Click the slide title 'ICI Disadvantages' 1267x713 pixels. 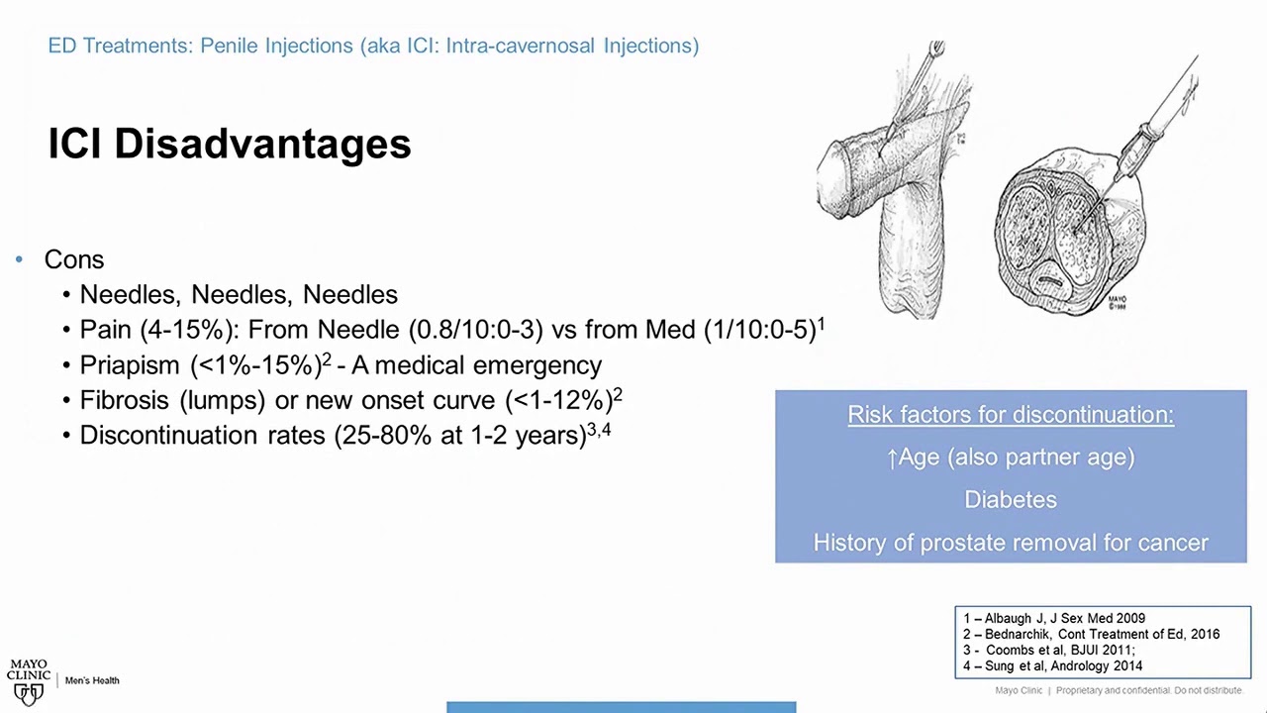[x=229, y=144]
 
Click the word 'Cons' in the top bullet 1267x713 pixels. [x=73, y=259]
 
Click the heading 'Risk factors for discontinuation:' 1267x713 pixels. [x=1011, y=415]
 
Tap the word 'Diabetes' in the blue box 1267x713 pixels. [x=1011, y=500]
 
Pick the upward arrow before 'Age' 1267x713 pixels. [x=892, y=458]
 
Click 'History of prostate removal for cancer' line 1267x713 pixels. [x=1011, y=543]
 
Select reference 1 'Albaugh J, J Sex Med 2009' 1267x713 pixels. [x=1054, y=618]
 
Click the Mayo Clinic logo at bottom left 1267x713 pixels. [x=29, y=681]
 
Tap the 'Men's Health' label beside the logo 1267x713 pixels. [x=92, y=680]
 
